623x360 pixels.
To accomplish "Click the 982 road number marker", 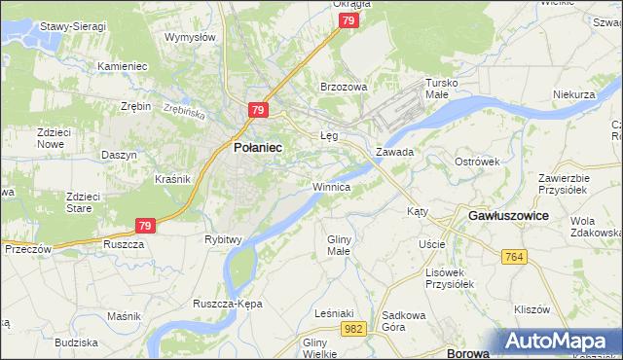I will [354, 331].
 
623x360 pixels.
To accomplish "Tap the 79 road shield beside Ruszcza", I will [145, 226].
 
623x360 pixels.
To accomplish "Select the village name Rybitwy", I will [223, 239].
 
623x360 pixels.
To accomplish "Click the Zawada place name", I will [395, 153].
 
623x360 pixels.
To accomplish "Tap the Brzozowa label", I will [344, 87].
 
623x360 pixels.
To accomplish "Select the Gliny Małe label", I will [338, 244].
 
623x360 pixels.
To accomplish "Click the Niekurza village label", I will [573, 94].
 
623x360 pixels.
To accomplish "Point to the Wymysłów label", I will [190, 37].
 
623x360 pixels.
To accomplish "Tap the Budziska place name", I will [76, 342].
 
